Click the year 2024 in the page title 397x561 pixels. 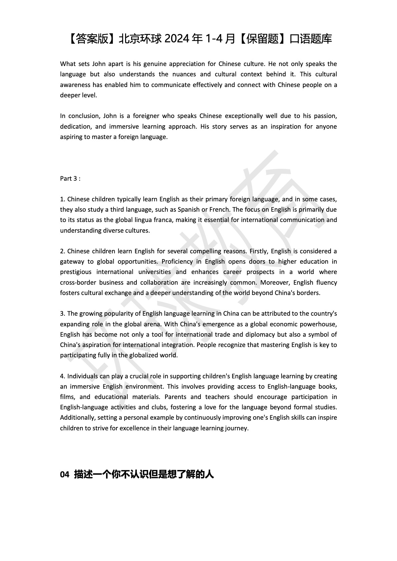(x=177, y=39)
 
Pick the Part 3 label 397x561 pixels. (x=70, y=178)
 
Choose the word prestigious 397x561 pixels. (x=75, y=272)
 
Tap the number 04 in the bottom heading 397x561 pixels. (x=64, y=475)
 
